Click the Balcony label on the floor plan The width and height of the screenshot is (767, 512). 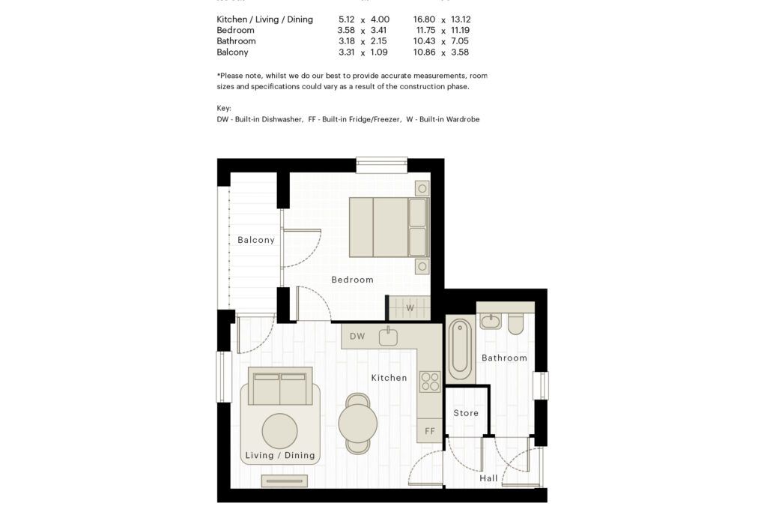click(x=256, y=240)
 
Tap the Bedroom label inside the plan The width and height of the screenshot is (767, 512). click(x=352, y=280)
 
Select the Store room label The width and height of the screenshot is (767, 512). click(x=466, y=413)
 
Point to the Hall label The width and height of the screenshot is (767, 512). click(x=488, y=478)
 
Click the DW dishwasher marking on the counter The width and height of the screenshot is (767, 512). click(x=357, y=337)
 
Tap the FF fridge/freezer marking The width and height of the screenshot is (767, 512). click(x=429, y=431)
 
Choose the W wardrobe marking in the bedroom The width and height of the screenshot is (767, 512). click(x=410, y=308)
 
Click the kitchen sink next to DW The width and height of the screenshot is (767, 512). click(x=388, y=337)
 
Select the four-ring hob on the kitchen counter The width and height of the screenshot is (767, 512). click(x=430, y=382)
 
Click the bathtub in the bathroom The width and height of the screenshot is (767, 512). click(x=461, y=349)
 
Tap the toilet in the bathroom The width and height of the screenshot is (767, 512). click(x=515, y=324)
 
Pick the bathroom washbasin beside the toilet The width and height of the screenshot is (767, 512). click(x=490, y=322)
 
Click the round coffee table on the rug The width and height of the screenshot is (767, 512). click(x=280, y=431)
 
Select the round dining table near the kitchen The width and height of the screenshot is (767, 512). click(x=357, y=423)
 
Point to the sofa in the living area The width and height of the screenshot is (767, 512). click(x=280, y=386)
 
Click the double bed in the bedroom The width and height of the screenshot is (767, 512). click(x=389, y=227)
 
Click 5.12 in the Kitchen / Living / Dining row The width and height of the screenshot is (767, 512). click(x=346, y=19)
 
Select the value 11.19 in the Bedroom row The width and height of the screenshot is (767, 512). click(x=461, y=30)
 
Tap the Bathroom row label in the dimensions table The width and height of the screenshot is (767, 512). click(x=236, y=41)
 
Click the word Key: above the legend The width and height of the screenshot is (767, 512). click(x=224, y=108)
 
